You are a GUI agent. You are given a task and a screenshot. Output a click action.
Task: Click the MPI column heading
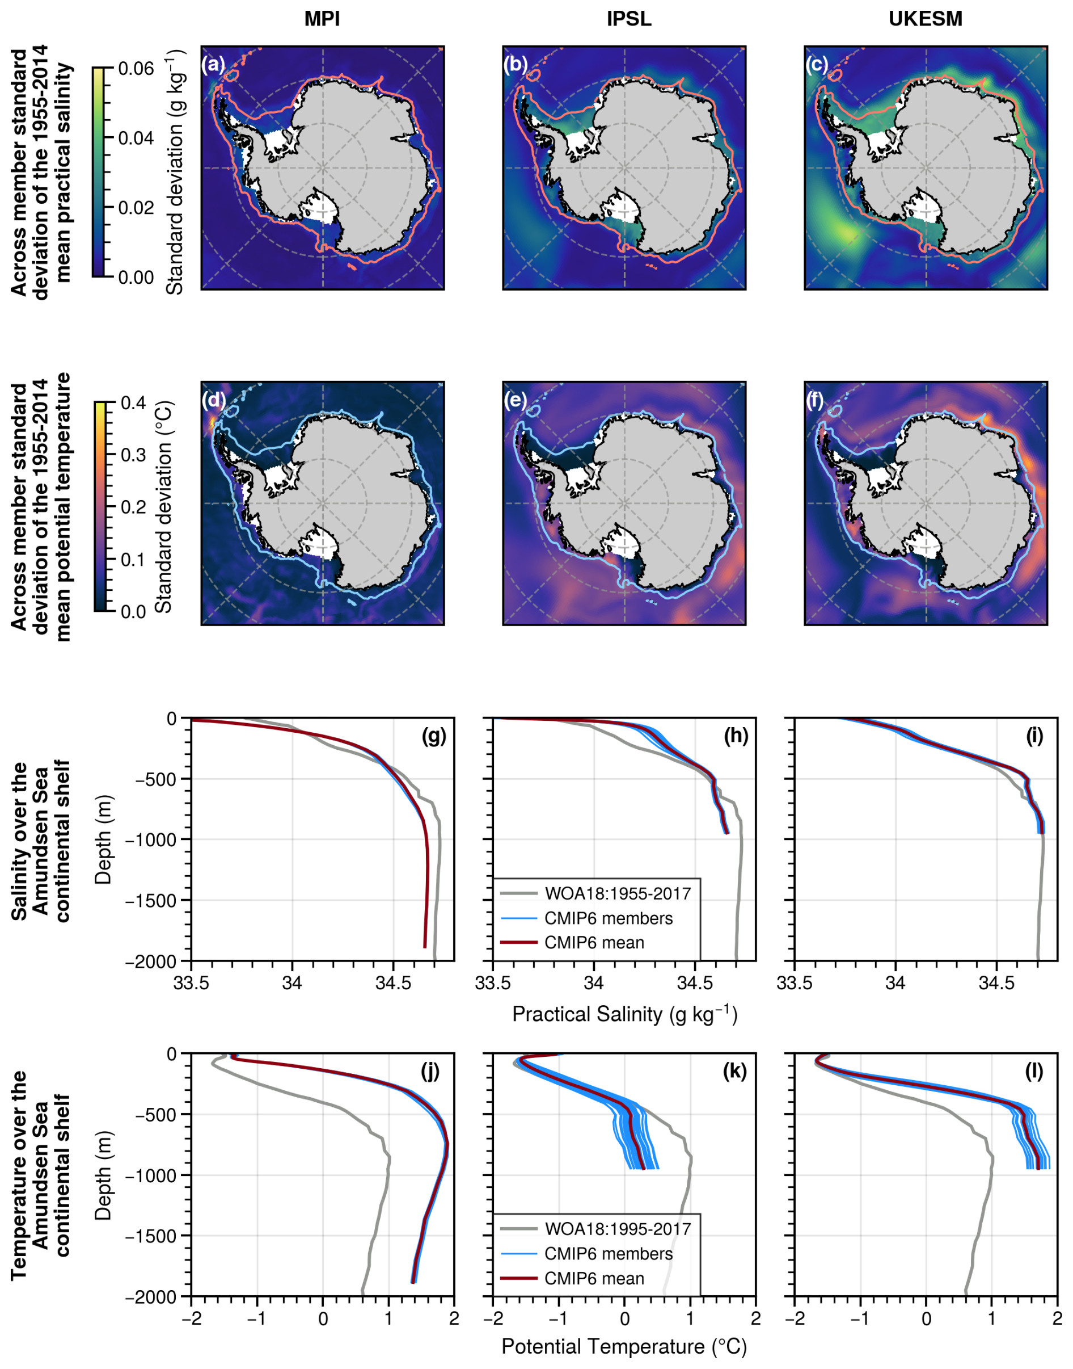[x=322, y=19]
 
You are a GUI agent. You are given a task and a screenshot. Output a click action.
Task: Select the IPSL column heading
[x=628, y=19]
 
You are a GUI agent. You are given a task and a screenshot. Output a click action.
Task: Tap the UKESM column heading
[x=925, y=19]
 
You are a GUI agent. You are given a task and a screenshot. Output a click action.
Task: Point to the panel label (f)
[x=815, y=400]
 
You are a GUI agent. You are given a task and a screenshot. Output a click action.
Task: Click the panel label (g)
[x=433, y=736]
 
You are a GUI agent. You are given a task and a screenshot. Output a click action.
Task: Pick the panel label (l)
[x=1034, y=1070]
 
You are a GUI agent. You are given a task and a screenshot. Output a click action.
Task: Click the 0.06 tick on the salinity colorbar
[x=136, y=69]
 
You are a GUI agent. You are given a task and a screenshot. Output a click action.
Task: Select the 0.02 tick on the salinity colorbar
[x=136, y=207]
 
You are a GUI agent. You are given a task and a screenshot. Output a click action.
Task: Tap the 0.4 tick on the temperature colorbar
[x=133, y=403]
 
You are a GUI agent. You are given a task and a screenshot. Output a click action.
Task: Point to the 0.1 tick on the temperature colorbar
[x=133, y=560]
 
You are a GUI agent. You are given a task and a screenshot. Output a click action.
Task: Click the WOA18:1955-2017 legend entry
[x=618, y=893]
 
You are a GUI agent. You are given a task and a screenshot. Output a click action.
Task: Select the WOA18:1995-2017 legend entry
[x=618, y=1228]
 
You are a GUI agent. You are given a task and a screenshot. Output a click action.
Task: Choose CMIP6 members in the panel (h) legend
[x=608, y=918]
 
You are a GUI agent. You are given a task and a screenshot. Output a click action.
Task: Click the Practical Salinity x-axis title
[x=624, y=1014]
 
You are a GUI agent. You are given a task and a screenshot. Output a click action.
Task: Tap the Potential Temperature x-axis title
[x=624, y=1346]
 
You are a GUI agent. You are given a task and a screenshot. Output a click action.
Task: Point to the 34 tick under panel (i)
[x=895, y=983]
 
